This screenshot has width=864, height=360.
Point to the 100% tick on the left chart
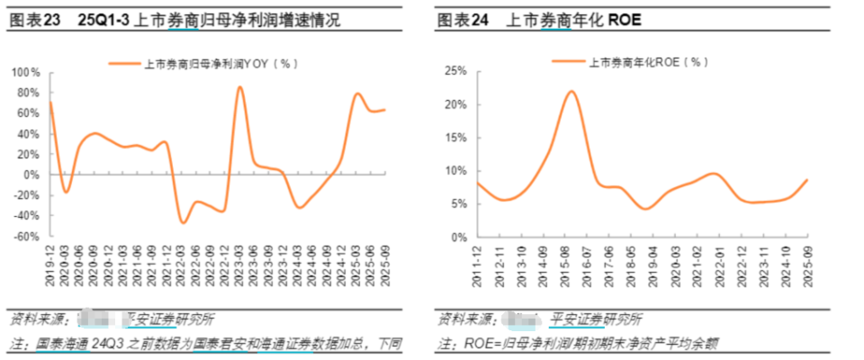(25, 72)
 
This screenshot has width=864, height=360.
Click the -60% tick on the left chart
(25, 237)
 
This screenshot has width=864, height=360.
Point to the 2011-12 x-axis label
(477, 262)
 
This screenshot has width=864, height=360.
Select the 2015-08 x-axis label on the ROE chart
(571, 262)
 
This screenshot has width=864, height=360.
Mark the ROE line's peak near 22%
(571, 91)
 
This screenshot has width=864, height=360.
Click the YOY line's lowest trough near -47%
(183, 222)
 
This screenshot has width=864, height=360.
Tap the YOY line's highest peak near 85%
(239, 87)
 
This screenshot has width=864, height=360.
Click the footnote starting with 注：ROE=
(576, 344)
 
